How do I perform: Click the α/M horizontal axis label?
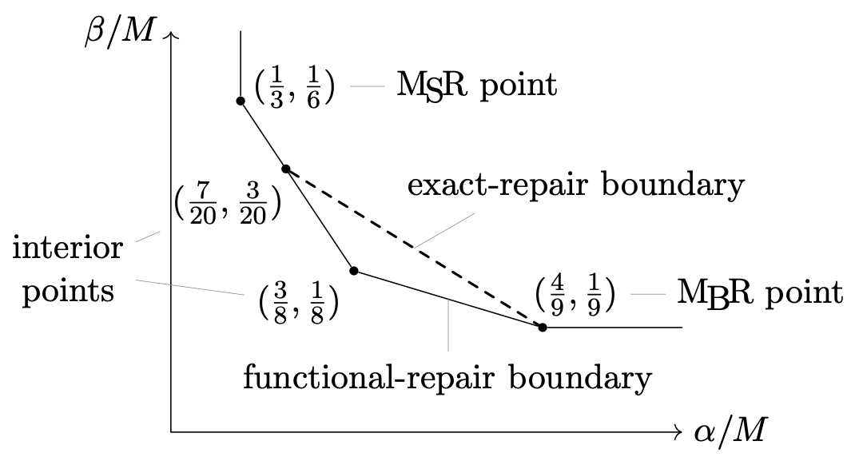click(x=730, y=432)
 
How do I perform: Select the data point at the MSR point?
click(x=241, y=101)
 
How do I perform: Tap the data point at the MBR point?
click(x=543, y=328)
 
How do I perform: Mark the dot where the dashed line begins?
click(x=285, y=169)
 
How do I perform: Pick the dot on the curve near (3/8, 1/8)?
click(x=354, y=271)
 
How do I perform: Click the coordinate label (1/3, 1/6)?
click(x=294, y=86)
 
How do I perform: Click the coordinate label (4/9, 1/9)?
click(x=575, y=293)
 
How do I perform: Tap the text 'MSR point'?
click(x=476, y=86)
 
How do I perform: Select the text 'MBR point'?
click(x=759, y=293)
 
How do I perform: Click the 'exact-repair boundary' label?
click(x=575, y=186)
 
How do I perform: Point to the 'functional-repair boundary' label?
click(x=447, y=377)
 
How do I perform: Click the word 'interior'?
click(x=68, y=248)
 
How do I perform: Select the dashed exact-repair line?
click(x=414, y=248)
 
